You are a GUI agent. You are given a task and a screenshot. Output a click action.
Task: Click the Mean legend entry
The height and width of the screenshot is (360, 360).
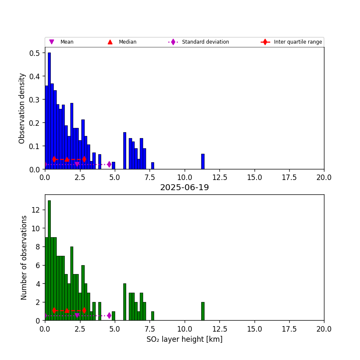66,42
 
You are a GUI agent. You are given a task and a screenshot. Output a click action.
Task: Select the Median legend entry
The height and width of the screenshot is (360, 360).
127,42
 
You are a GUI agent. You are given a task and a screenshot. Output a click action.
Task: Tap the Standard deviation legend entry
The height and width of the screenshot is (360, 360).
205,42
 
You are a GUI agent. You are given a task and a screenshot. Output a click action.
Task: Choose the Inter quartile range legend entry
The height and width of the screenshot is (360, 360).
298,42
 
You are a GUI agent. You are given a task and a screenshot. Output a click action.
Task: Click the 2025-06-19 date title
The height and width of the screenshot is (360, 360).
184,188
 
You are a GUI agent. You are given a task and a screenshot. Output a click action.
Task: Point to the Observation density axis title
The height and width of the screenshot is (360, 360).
22,108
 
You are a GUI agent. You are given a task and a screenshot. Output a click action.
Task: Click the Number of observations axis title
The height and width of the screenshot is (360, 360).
24,258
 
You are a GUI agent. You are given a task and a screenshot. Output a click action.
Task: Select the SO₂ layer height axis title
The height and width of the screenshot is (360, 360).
184,339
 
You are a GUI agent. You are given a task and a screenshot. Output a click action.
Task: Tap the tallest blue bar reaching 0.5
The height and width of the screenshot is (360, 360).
49,111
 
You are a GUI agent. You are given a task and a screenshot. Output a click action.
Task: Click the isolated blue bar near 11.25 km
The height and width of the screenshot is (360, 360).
203,162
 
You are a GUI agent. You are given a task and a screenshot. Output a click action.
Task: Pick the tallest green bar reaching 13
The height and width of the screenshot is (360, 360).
49,260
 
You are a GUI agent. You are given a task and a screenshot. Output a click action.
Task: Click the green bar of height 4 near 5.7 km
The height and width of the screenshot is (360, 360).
125,302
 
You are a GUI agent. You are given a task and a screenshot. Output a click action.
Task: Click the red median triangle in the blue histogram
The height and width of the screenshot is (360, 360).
67,159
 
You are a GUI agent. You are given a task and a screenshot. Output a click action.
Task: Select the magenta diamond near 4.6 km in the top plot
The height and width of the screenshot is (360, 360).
109,164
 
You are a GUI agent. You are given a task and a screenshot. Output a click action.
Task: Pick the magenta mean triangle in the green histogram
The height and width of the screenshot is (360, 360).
77,316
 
